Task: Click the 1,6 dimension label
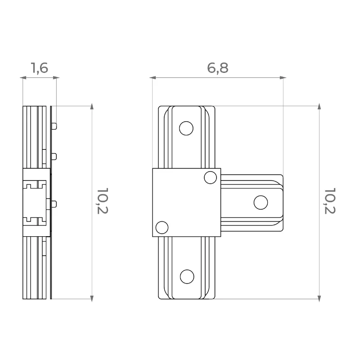pos(40,68)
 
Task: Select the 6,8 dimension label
pos(218,68)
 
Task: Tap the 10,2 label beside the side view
pos(103,201)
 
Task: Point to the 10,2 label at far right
pos(330,201)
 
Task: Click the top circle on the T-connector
pos(186,128)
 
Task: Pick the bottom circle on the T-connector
pos(187,277)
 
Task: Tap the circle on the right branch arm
pos(261,202)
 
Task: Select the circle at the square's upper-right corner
pos(210,177)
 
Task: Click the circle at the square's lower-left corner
pos(162,228)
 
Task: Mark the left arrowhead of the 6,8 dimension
pos(153,78)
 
